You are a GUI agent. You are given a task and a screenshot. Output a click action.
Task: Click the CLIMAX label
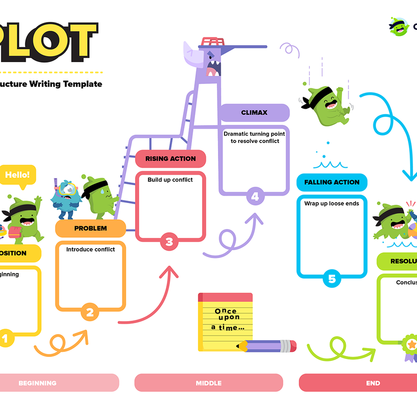click(254, 113)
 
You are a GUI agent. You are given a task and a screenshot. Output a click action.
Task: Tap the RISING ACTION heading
click(170, 159)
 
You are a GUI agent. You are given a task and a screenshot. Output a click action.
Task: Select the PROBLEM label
click(90, 228)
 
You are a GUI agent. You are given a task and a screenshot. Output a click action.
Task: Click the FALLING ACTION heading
click(332, 182)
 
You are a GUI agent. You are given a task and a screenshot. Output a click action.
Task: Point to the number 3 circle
click(169, 242)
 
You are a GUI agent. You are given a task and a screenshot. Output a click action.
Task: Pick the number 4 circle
click(255, 197)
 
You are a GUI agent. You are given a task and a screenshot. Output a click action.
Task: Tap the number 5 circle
click(332, 279)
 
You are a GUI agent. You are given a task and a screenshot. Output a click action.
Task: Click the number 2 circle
click(90, 313)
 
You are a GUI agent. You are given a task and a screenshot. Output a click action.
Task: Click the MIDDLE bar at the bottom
click(208, 383)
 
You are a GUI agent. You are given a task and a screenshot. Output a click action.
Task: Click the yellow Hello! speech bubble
click(17, 175)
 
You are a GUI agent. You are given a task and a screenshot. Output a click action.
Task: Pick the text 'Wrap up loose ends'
click(332, 203)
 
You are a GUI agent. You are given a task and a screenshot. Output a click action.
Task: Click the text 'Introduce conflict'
click(90, 249)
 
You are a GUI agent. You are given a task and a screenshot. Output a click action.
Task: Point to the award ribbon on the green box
click(410, 347)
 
